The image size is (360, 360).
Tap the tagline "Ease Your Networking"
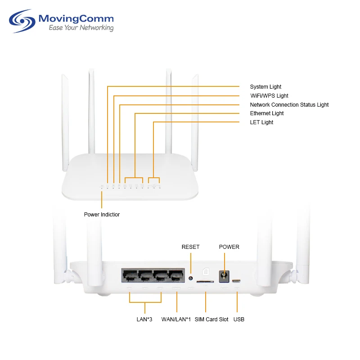tap(81, 28)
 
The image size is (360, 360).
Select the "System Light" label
tap(265, 87)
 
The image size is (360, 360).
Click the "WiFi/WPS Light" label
tap(269, 96)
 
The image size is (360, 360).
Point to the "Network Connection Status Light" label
tap(289, 105)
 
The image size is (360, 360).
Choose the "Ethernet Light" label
tap(267, 113)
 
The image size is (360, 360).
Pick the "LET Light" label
tap(261, 122)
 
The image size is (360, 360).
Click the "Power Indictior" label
tap(102, 215)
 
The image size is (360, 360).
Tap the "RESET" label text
tap(190, 247)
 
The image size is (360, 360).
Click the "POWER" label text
tap(229, 247)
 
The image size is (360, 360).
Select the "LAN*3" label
tap(144, 319)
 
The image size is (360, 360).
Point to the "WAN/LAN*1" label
tap(176, 319)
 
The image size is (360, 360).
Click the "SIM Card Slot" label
tap(211, 319)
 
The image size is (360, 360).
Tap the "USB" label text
tap(239, 319)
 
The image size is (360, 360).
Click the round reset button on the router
tap(191, 278)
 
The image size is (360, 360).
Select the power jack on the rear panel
tap(223, 276)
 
